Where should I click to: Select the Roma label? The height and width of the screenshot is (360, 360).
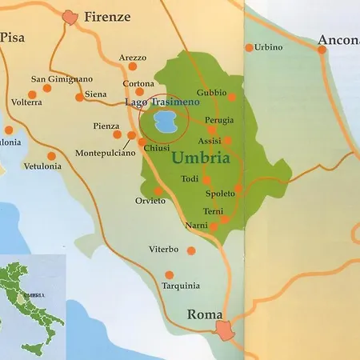pyautogui.click(x=204, y=314)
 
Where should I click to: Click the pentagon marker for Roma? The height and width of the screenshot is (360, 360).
pyautogui.click(x=228, y=329)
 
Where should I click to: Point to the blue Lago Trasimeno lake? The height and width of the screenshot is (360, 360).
pyautogui.click(x=165, y=122)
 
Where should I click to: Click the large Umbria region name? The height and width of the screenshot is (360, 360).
pyautogui.click(x=201, y=158)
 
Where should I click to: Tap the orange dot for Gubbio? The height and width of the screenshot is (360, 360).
pyautogui.click(x=232, y=97)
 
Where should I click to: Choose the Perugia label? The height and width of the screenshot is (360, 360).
pyautogui.click(x=219, y=119)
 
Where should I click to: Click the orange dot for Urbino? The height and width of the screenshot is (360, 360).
pyautogui.click(x=250, y=48)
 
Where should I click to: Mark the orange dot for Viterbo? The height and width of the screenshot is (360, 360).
pyautogui.click(x=190, y=250)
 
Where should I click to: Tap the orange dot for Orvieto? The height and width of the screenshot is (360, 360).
pyautogui.click(x=158, y=190)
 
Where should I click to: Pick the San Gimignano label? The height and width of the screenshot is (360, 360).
pyautogui.click(x=62, y=78)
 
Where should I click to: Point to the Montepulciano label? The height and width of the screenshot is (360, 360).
pyautogui.click(x=106, y=153)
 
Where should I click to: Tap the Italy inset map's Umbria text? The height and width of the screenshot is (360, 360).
pyautogui.click(x=33, y=295)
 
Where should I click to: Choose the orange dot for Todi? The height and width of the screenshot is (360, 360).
pyautogui.click(x=206, y=179)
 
